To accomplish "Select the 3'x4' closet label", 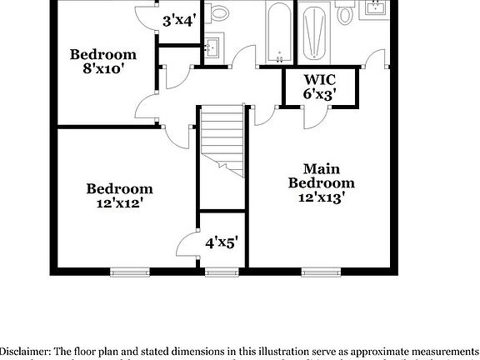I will (178, 20).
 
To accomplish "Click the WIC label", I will (319, 80).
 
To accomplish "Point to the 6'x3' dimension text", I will (319, 94).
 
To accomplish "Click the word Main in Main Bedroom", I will (321, 167).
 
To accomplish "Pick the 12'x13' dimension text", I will (321, 197).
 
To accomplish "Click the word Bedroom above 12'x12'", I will (119, 188).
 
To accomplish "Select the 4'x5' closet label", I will (222, 242).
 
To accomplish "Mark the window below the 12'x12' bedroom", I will (129, 271).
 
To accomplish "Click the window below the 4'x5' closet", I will (221, 271).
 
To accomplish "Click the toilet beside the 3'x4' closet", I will (220, 12).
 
